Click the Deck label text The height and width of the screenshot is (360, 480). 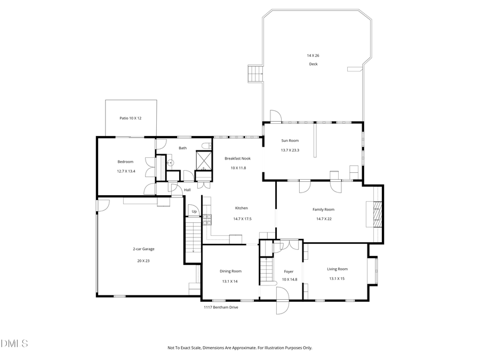pyautogui.click(x=313, y=65)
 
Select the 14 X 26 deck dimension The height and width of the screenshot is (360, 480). pyautogui.click(x=313, y=55)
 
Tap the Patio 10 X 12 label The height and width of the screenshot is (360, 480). pyautogui.click(x=130, y=118)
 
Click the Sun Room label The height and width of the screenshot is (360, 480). pyautogui.click(x=290, y=141)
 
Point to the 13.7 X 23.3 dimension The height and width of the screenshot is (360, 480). pyautogui.click(x=290, y=150)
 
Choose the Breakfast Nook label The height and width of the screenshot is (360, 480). pyautogui.click(x=237, y=158)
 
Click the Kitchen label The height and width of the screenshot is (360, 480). pyautogui.click(x=242, y=208)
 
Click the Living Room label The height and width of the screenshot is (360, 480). pyautogui.click(x=337, y=269)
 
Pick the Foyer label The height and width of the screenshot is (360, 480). pyautogui.click(x=289, y=271)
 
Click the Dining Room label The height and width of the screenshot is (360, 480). pyautogui.click(x=230, y=271)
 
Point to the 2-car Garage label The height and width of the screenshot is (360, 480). pyautogui.click(x=143, y=249)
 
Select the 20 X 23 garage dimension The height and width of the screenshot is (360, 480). pyautogui.click(x=143, y=261)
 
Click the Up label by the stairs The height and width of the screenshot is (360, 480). pyautogui.click(x=194, y=212)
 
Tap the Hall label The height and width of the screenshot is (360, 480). pyautogui.click(x=187, y=190)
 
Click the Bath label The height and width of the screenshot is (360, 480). pyautogui.click(x=182, y=148)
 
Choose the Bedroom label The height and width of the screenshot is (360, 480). pyautogui.click(x=125, y=162)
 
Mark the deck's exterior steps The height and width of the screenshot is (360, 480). pyautogui.click(x=255, y=73)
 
